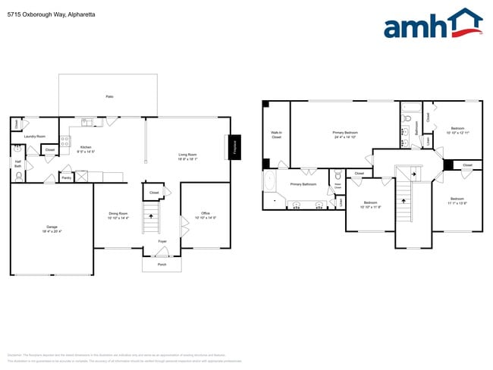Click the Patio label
click(x=109, y=97)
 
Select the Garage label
click(x=52, y=228)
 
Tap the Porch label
click(x=162, y=265)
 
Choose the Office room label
click(x=205, y=215)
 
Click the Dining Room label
click(x=118, y=215)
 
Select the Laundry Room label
click(x=34, y=136)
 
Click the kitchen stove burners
click(x=65, y=140)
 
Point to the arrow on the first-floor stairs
click(x=152, y=218)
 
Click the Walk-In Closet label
click(x=276, y=135)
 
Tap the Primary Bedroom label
click(x=345, y=135)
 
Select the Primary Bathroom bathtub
click(x=270, y=183)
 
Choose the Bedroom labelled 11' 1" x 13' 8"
click(x=457, y=201)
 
